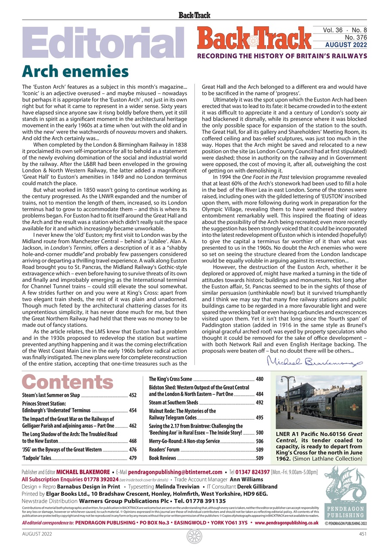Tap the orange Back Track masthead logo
coord(254,39)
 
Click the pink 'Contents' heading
coord(67,382)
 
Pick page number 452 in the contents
coord(132,395)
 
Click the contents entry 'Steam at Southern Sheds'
coord(174,403)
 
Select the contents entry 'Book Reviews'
coord(162,458)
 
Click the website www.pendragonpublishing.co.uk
coord(287,523)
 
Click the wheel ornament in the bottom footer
coord(194,536)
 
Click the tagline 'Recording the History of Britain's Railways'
coord(282,56)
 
